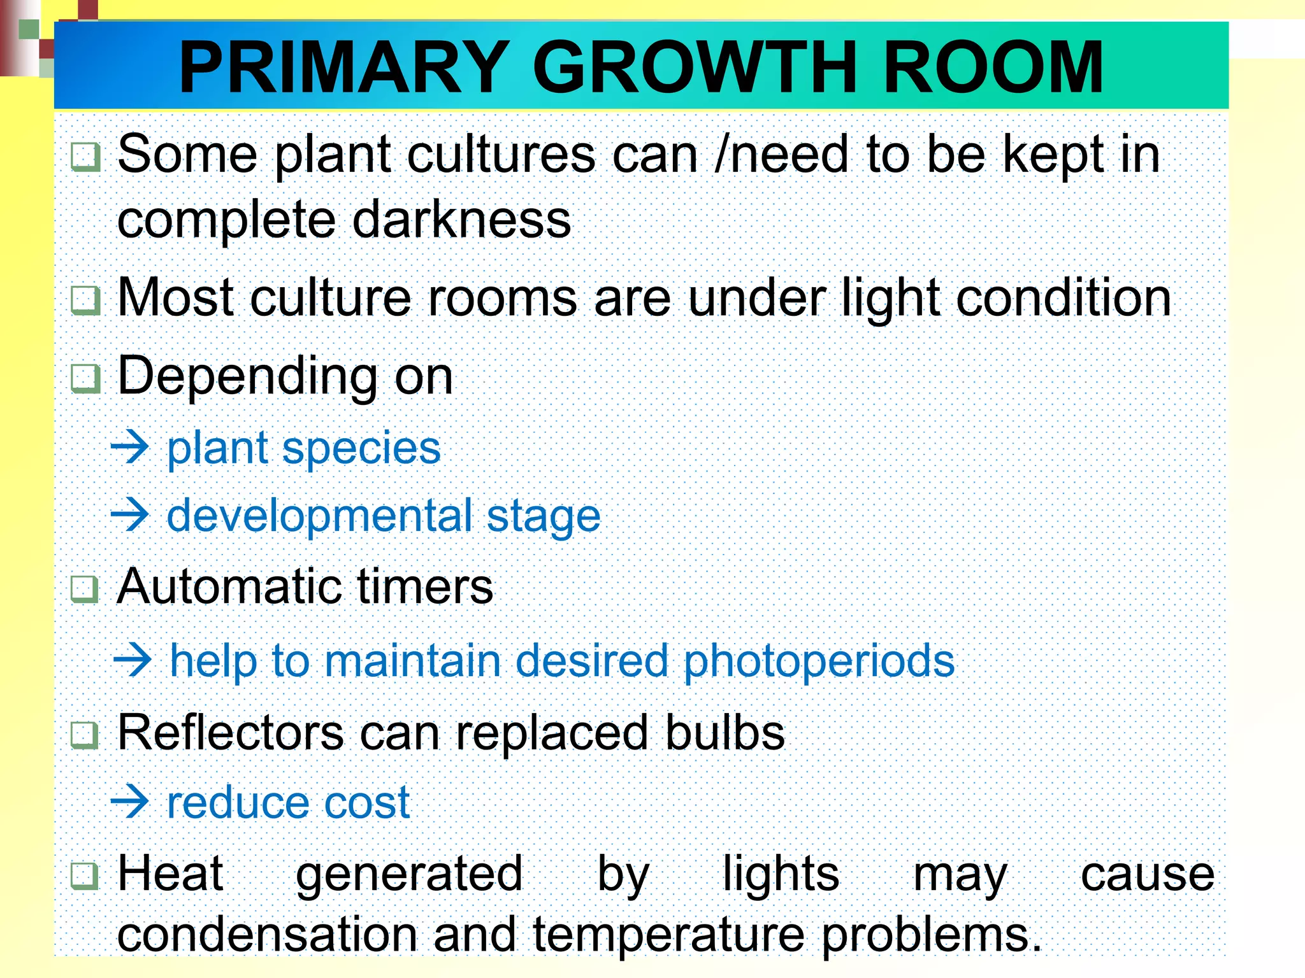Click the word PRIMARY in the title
pyautogui.click(x=344, y=67)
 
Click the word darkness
pyautogui.click(x=461, y=219)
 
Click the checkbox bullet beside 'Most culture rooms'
pyautogui.click(x=85, y=299)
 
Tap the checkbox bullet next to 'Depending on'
pyautogui.click(x=85, y=378)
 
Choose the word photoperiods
pyautogui.click(x=819, y=661)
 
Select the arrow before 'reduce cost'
pyautogui.click(x=130, y=802)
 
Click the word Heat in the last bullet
pyautogui.click(x=171, y=874)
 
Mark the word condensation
pyautogui.click(x=268, y=935)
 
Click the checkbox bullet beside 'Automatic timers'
pyautogui.click(x=85, y=588)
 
